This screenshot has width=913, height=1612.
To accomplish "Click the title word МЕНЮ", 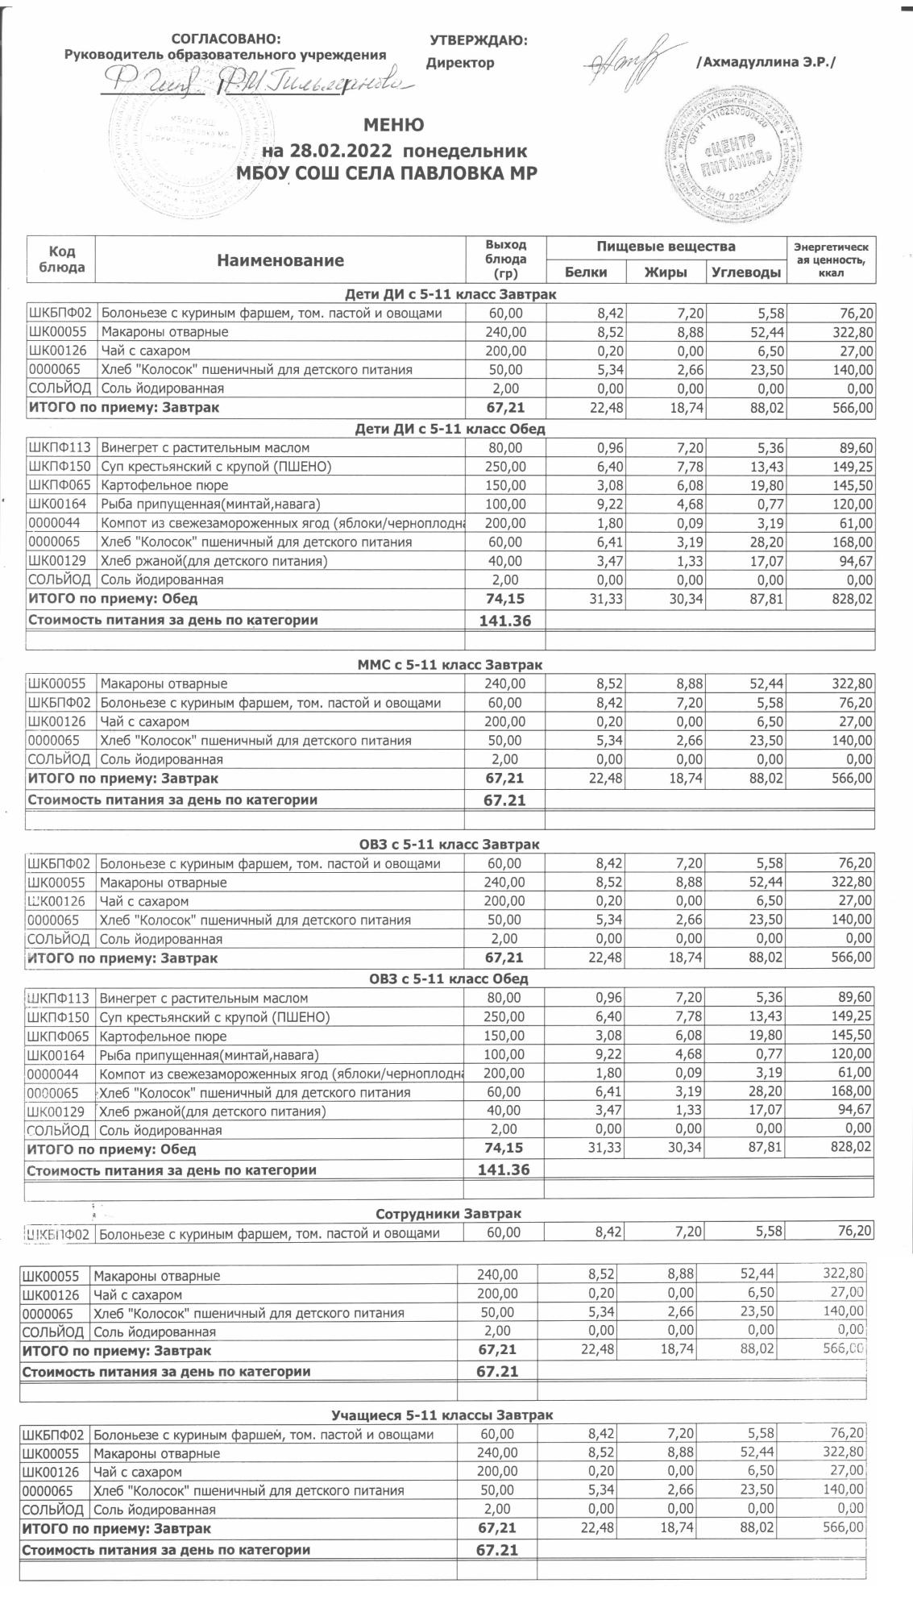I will [394, 125].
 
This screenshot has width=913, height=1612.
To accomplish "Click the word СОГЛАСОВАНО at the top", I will [226, 39].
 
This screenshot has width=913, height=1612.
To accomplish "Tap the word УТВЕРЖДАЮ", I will [479, 41].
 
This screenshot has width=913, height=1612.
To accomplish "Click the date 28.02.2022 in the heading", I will [338, 151].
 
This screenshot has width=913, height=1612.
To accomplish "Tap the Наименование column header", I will [280, 260].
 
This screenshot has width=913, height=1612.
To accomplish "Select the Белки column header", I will [586, 272].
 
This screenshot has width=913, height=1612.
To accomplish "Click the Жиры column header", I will [666, 272].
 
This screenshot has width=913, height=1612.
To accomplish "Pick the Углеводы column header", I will [745, 272].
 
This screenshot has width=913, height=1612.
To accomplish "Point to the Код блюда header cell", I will [62, 260].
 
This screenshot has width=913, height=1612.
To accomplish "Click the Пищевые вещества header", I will [666, 246].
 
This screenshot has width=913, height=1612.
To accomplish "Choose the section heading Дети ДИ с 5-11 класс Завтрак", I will [450, 294].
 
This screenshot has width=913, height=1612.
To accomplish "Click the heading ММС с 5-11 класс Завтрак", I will [450, 665].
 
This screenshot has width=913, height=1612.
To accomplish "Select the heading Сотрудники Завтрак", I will [448, 1213].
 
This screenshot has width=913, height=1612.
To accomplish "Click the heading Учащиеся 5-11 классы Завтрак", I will [442, 1415].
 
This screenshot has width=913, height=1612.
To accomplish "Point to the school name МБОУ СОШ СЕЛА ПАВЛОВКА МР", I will [386, 172].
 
